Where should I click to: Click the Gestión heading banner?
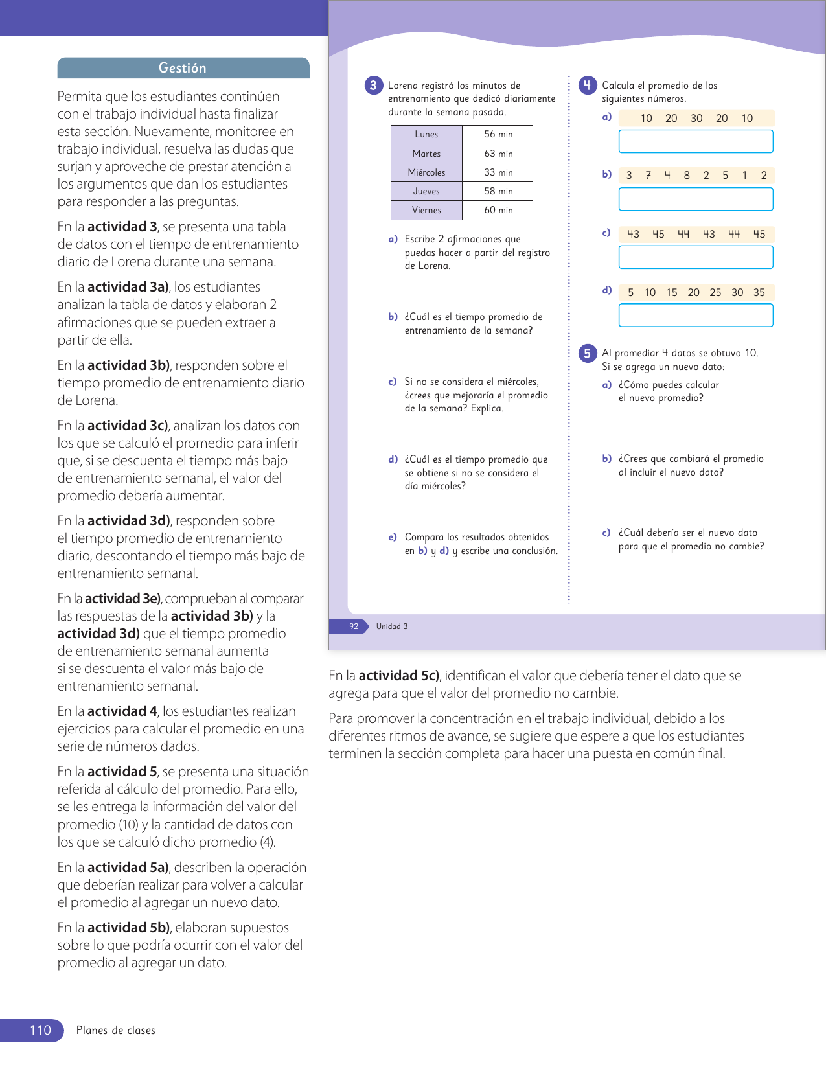[x=183, y=68]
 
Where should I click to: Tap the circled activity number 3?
[x=373, y=86]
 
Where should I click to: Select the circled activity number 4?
[x=587, y=86]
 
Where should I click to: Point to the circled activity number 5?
[x=587, y=353]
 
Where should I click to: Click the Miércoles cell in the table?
[x=426, y=172]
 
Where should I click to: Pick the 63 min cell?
[x=498, y=154]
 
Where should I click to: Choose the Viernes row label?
[x=426, y=210]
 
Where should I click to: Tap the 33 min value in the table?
[x=498, y=172]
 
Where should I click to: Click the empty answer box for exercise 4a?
[x=696, y=141]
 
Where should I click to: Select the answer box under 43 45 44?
[x=696, y=257]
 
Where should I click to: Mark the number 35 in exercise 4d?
[x=759, y=292]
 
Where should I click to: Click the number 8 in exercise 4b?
[x=687, y=175]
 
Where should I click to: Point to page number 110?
[x=40, y=1030]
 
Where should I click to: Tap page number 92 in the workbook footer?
[x=354, y=626]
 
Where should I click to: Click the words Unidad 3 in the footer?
[x=392, y=626]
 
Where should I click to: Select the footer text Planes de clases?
[x=116, y=1030]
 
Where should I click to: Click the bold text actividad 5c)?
[x=399, y=676]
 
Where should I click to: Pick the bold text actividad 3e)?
[x=123, y=599]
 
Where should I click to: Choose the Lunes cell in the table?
[x=426, y=134]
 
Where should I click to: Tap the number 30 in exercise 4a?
[x=696, y=118]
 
